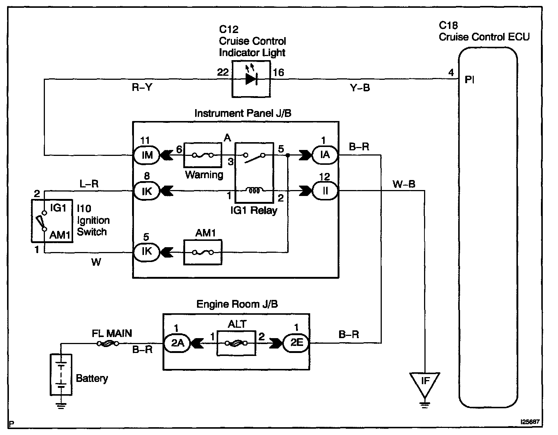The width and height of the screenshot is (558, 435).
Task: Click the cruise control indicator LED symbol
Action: (251, 79)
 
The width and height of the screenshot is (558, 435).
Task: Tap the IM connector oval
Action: (147, 155)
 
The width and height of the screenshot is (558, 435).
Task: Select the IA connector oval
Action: (325, 155)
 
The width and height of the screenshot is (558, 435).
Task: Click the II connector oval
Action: (325, 191)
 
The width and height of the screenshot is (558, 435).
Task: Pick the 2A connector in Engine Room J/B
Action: (177, 343)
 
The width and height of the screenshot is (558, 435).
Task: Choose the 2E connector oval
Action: (296, 343)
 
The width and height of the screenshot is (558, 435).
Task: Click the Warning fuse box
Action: (203, 155)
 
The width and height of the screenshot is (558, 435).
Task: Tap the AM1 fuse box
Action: (203, 252)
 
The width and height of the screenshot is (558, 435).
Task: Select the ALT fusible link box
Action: (236, 343)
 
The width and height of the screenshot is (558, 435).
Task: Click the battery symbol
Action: (61, 375)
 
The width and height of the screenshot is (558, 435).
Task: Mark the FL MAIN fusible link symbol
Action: (108, 344)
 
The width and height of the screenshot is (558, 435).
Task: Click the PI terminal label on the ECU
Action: (469, 80)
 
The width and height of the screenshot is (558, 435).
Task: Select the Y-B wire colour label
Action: (360, 88)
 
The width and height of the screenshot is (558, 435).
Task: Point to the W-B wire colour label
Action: (403, 184)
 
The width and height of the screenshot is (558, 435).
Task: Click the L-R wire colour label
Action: (89, 184)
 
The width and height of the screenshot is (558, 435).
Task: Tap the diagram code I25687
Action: (529, 422)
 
